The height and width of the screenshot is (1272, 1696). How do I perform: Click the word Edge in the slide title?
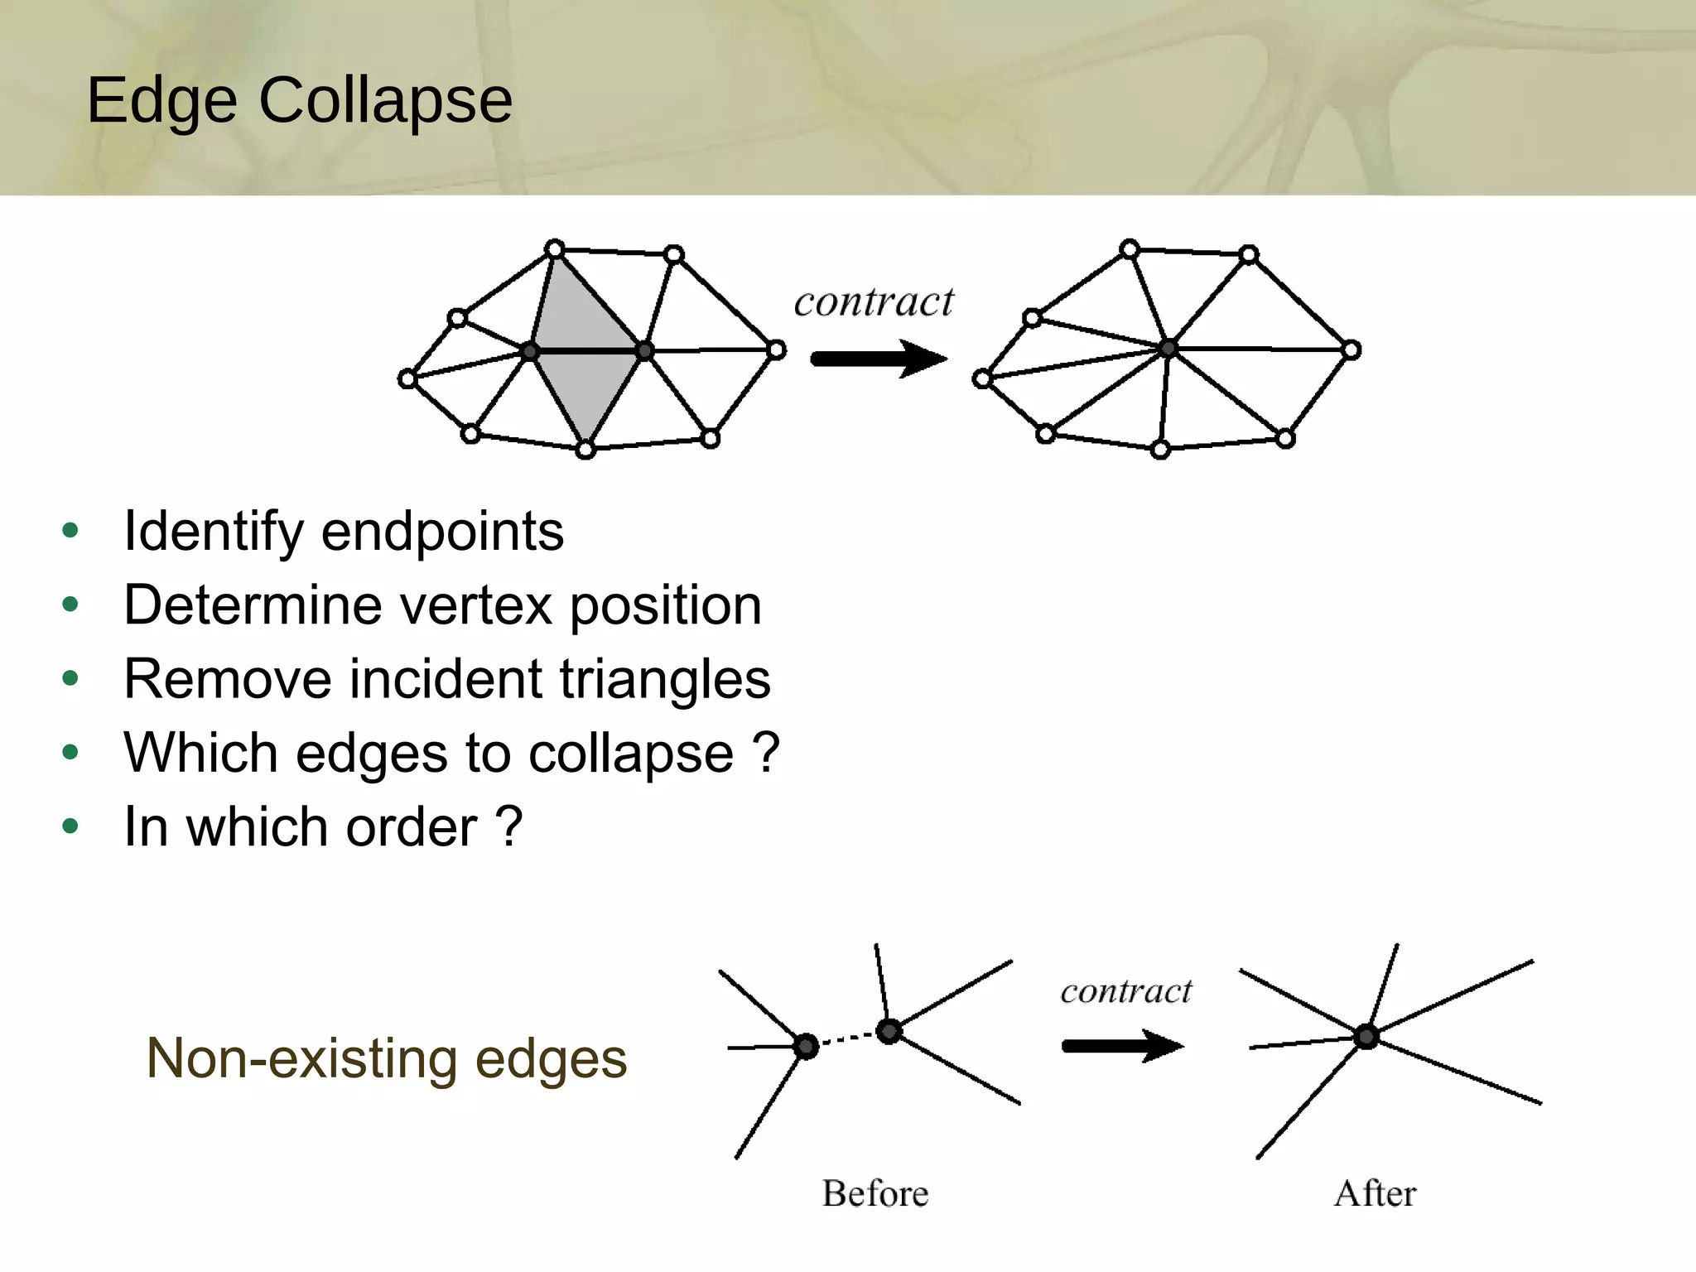tap(161, 101)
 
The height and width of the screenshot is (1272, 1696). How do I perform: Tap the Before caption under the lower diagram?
tap(874, 1193)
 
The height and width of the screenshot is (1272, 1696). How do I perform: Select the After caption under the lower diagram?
tap(1375, 1193)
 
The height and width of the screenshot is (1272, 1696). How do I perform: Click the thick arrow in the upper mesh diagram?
tap(878, 359)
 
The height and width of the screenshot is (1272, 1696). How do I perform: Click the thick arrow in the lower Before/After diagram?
tap(1121, 1046)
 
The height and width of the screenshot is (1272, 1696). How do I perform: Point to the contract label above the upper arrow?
tap(874, 302)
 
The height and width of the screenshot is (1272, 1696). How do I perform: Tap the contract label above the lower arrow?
tap(1125, 991)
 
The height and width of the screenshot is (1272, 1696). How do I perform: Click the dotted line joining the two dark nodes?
tap(847, 1038)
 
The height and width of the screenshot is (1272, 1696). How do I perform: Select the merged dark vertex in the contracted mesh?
tap(1167, 348)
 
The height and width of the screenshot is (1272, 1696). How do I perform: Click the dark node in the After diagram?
tap(1366, 1036)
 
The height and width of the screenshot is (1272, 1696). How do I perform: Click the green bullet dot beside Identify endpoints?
tap(70, 531)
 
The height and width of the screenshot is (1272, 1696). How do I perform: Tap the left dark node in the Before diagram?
tap(806, 1046)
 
